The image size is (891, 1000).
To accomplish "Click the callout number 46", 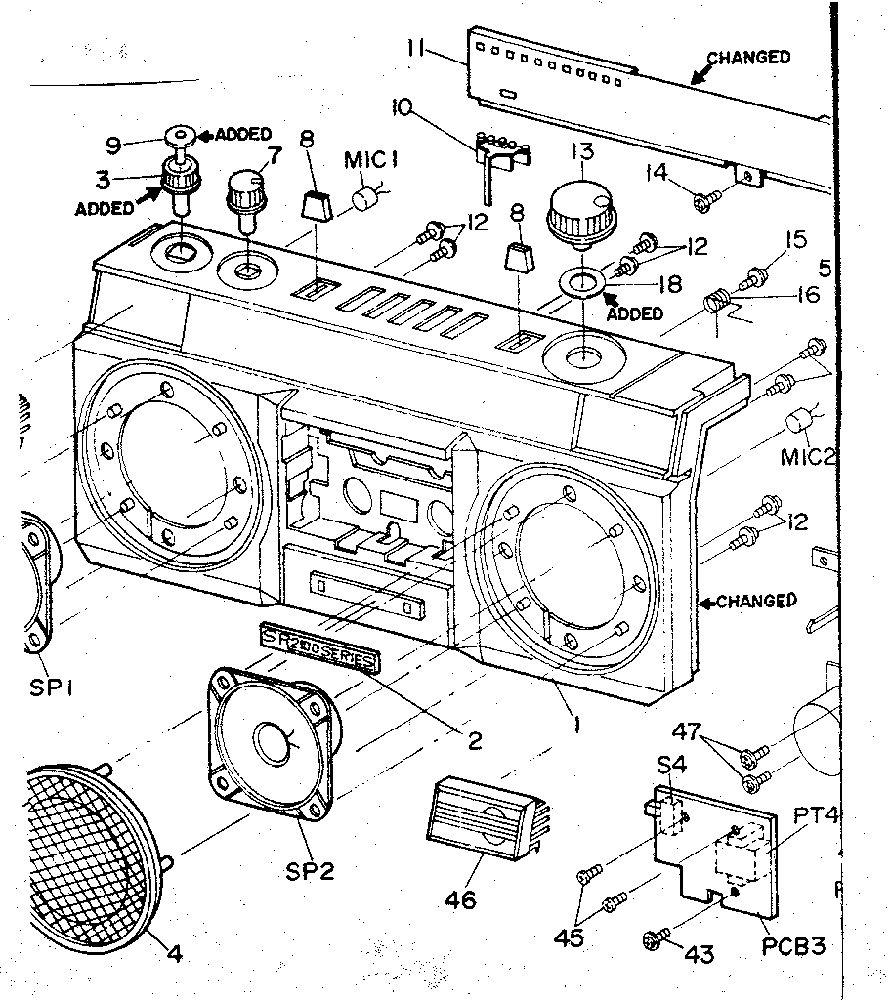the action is (460, 899).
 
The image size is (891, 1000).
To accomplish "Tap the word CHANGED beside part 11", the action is (748, 58).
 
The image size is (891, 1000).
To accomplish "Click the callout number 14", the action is (656, 174).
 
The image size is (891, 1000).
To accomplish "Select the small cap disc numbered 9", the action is (180, 133).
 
